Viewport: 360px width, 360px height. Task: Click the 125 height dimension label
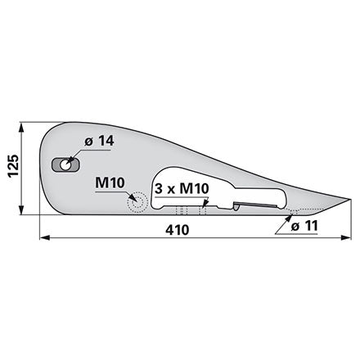pos(13,166)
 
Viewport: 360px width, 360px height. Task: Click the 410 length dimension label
pos(177,230)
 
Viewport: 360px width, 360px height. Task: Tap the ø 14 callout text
pos(99,142)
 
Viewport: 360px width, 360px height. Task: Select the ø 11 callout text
pos(304,226)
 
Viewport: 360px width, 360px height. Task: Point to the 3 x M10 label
pos(182,188)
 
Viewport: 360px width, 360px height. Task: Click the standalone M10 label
pos(110,182)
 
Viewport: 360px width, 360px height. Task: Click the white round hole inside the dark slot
pos(65,165)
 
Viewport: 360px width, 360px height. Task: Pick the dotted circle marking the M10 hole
pos(137,203)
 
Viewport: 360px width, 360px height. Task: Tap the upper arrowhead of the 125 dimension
pos(21,128)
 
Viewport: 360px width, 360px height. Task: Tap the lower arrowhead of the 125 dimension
pos(21,209)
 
